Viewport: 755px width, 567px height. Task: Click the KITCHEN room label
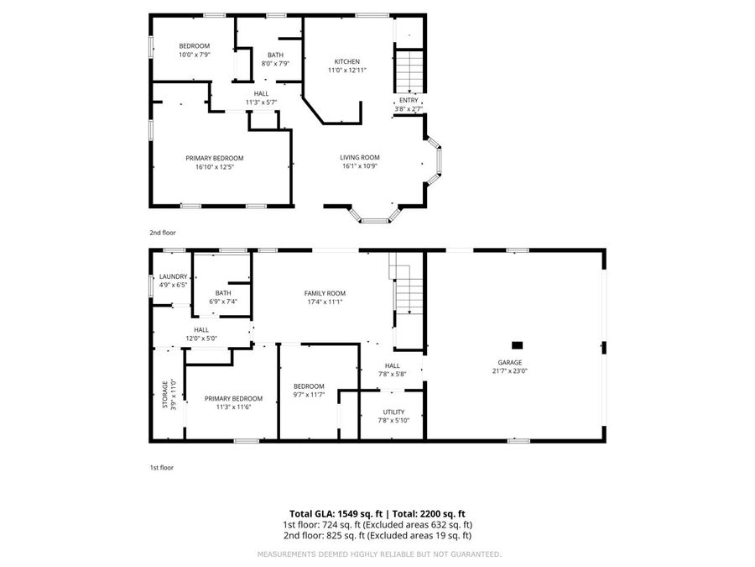(x=347, y=62)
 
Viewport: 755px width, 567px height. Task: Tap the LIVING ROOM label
(x=360, y=157)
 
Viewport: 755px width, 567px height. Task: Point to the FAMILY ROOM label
(x=325, y=293)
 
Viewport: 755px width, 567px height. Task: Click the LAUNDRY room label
(x=173, y=276)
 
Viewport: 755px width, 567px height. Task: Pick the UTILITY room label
(x=393, y=412)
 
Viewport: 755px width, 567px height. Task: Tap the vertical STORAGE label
(x=164, y=395)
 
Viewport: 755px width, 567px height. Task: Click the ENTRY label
(x=409, y=100)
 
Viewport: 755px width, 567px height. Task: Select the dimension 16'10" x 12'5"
(x=215, y=166)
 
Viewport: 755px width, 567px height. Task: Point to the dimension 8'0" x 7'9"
(x=275, y=64)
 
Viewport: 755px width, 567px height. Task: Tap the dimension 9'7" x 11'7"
(x=309, y=395)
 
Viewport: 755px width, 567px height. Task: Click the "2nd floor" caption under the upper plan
(x=164, y=232)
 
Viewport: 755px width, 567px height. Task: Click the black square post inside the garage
(x=518, y=344)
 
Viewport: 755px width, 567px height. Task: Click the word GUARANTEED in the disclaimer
(x=473, y=554)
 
